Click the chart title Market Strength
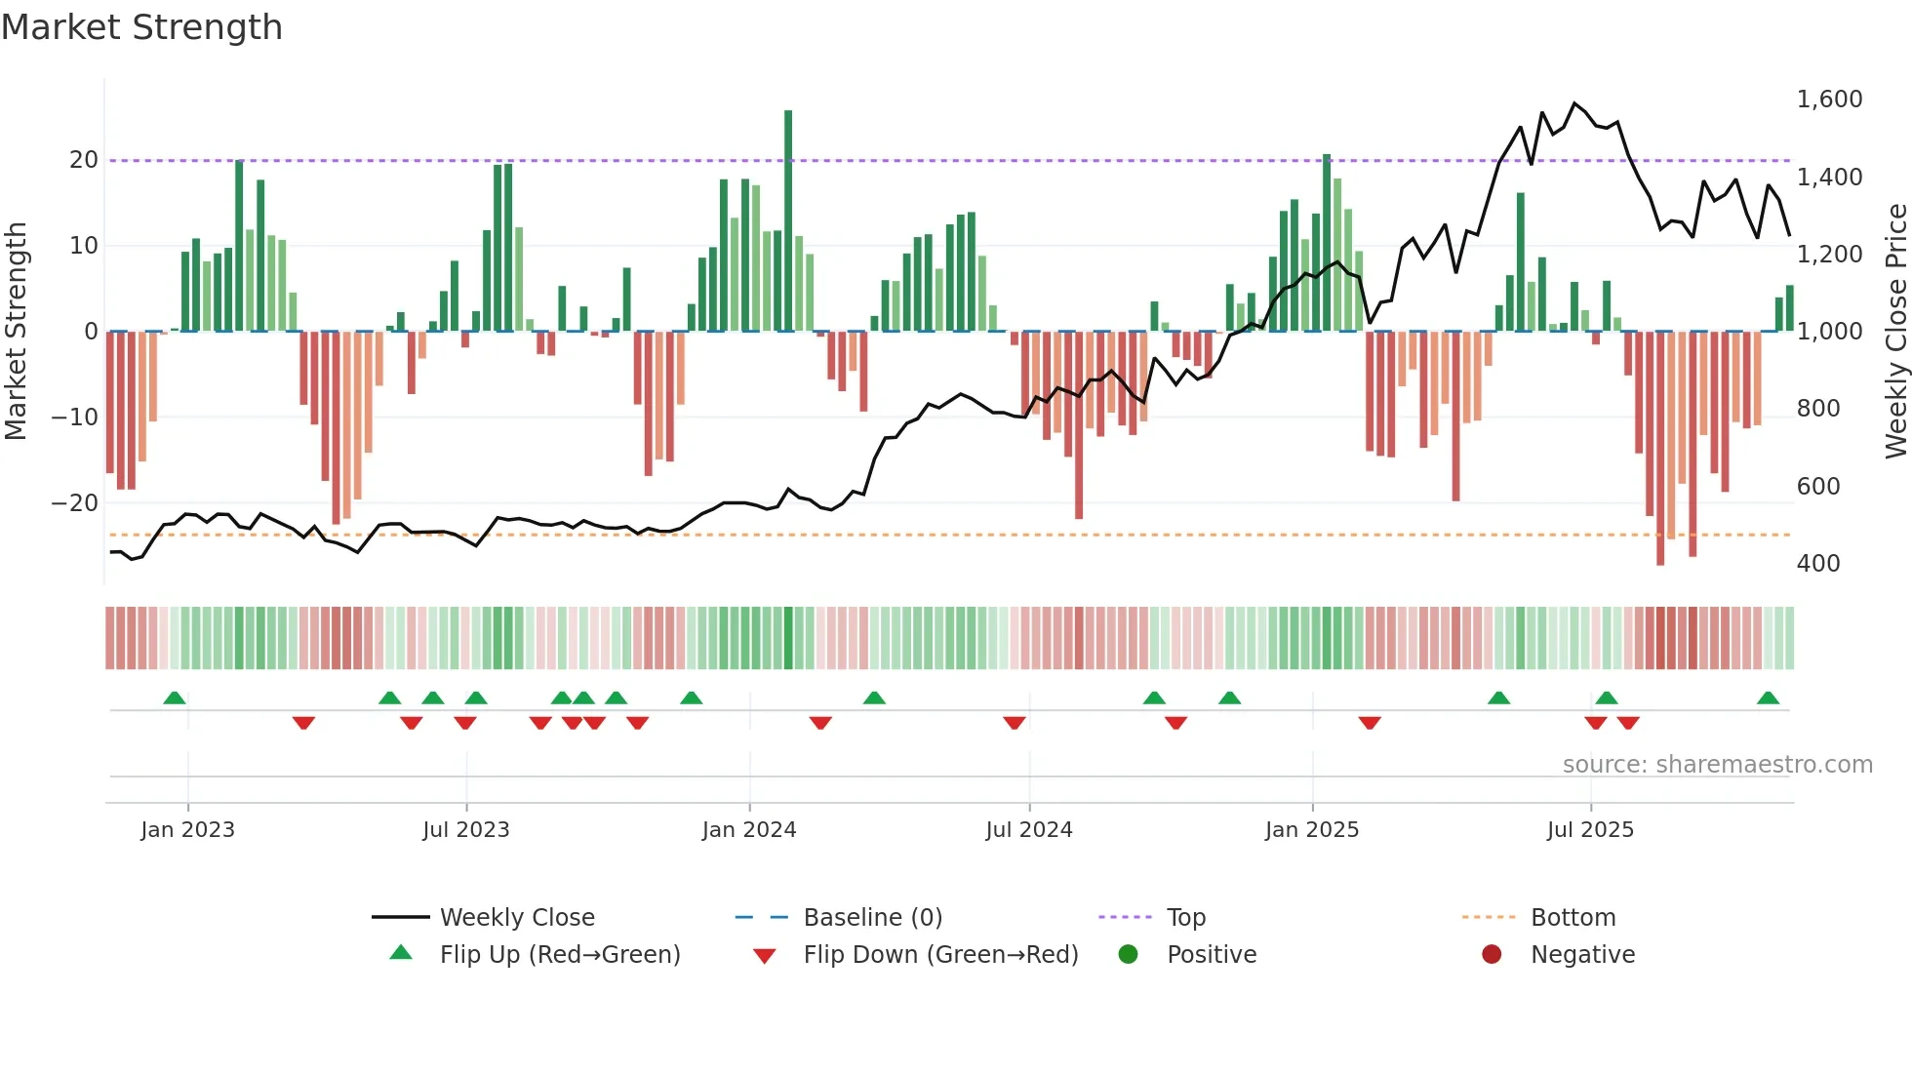click(x=141, y=27)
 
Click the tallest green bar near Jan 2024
click(x=788, y=219)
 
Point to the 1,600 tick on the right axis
click(x=1829, y=100)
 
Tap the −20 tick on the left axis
click(x=75, y=503)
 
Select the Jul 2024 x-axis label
click(x=1028, y=830)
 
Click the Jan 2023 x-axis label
click(x=187, y=830)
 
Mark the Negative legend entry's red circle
click(x=1492, y=955)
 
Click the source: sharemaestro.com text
click(x=1717, y=765)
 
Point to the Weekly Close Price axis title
click(x=1895, y=332)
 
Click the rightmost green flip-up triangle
click(x=1768, y=698)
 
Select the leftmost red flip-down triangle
click(x=303, y=723)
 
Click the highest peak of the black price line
click(x=1574, y=103)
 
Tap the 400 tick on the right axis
click(x=1817, y=564)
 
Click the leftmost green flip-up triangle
click(x=175, y=698)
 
